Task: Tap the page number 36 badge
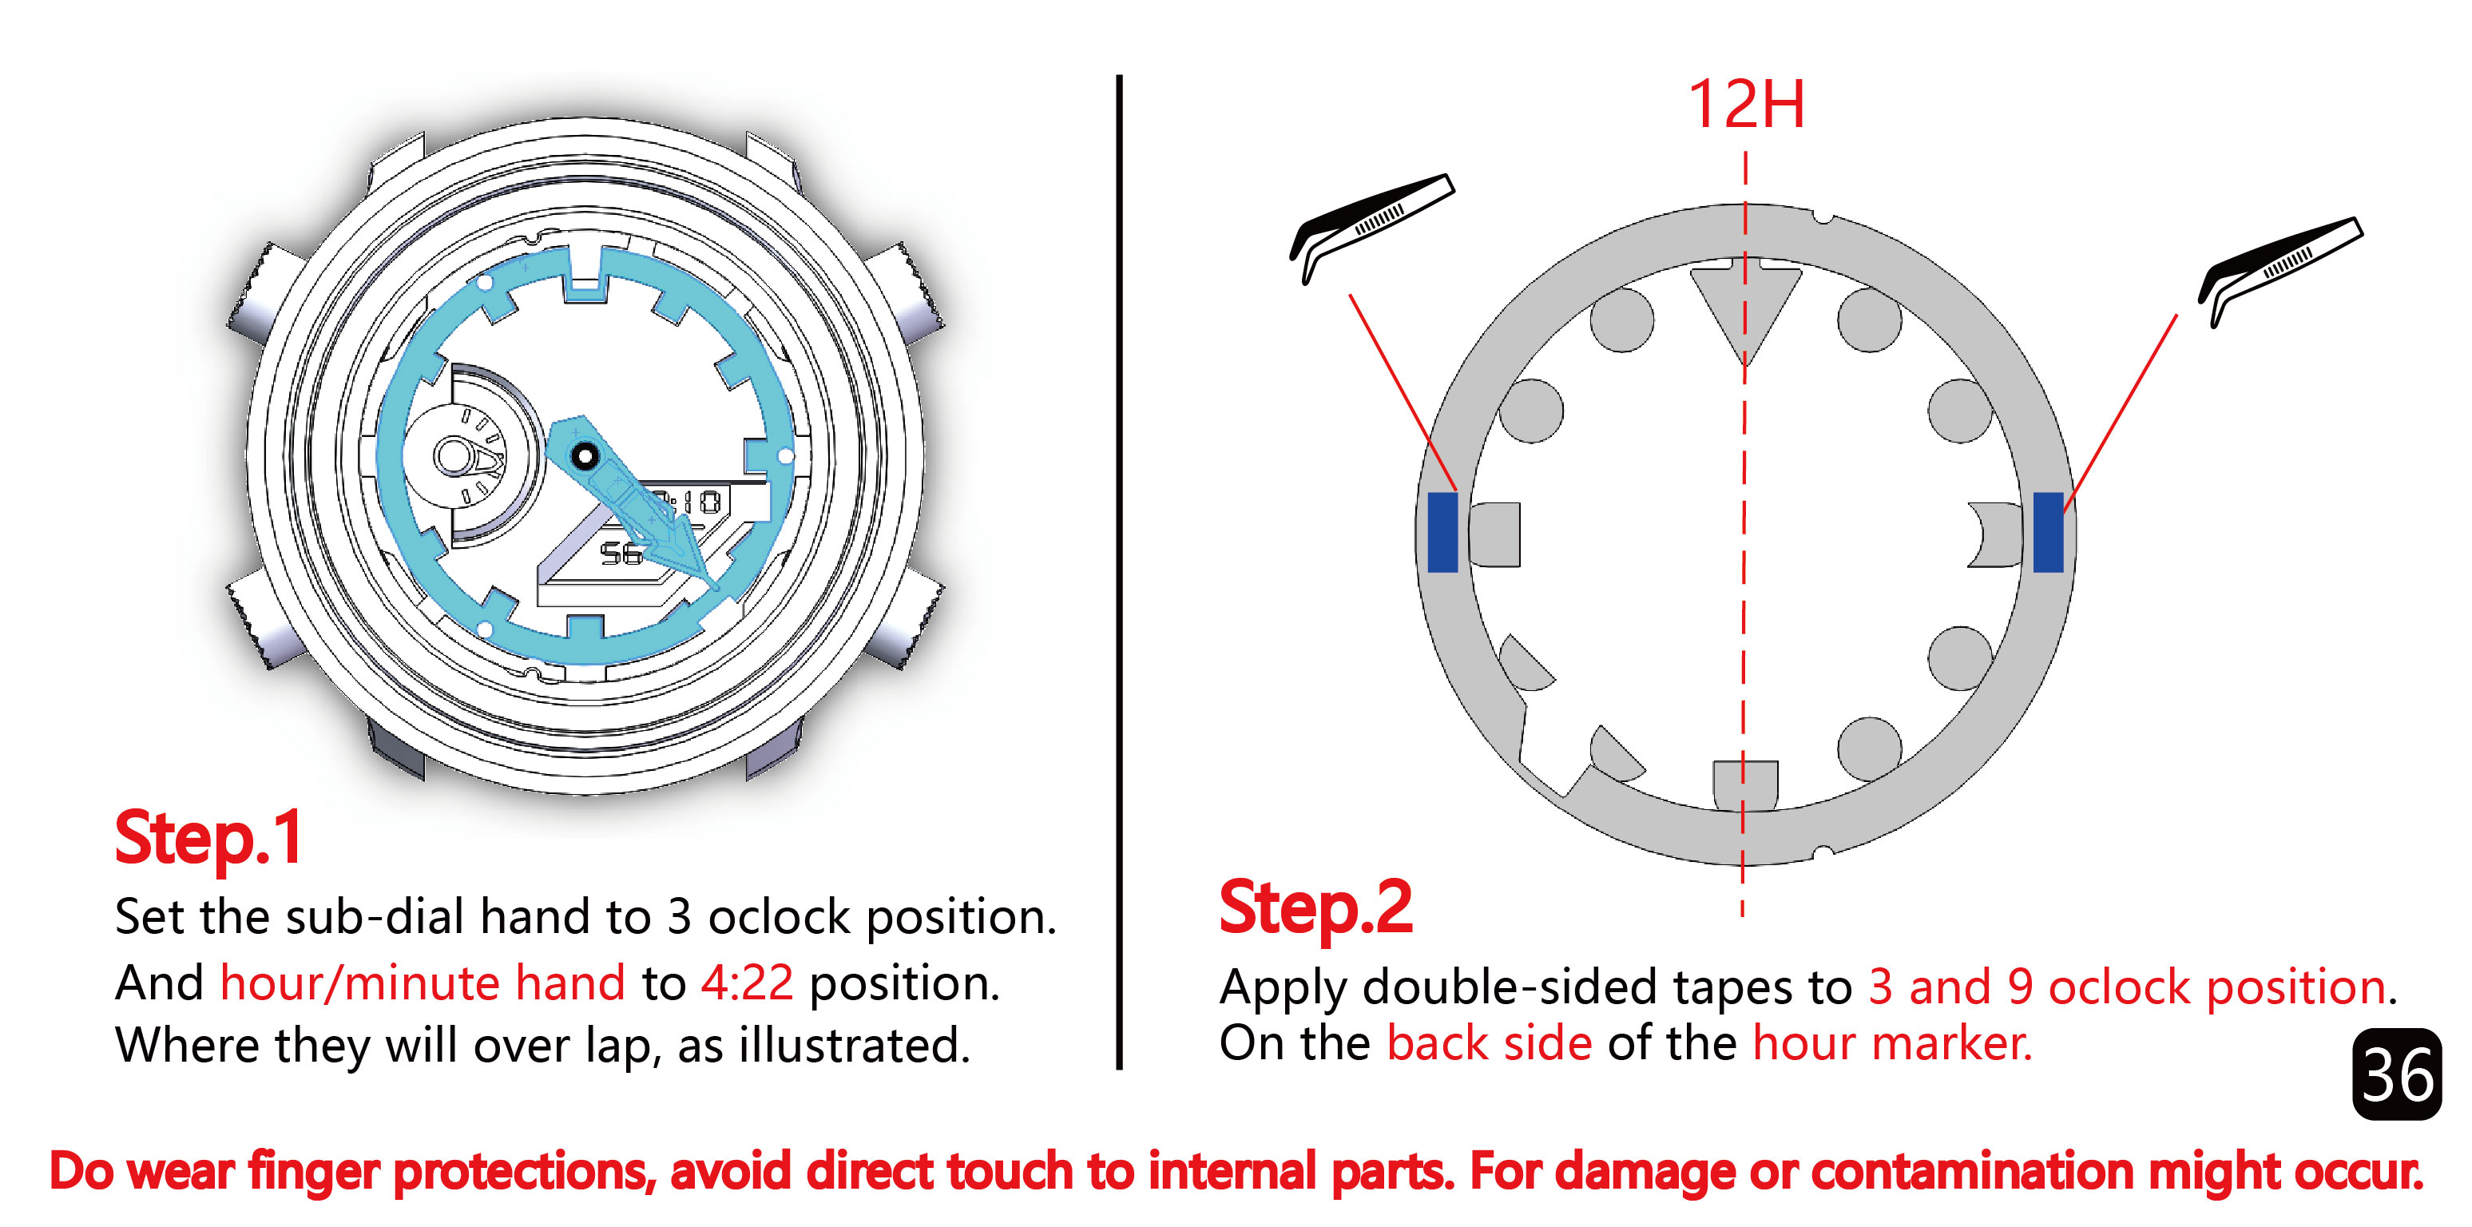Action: [x=2396, y=1074]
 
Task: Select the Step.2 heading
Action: [x=1315, y=907]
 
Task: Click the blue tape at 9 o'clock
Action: [x=1442, y=532]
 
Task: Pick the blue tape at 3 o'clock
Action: [x=2048, y=532]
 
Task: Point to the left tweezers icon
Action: [x=1371, y=228]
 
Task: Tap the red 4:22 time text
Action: [x=747, y=983]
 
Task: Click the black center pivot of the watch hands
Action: [x=583, y=455]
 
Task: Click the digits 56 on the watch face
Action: [x=620, y=553]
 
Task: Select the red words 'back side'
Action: [x=1490, y=1042]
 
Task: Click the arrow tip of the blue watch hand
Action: [x=717, y=589]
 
